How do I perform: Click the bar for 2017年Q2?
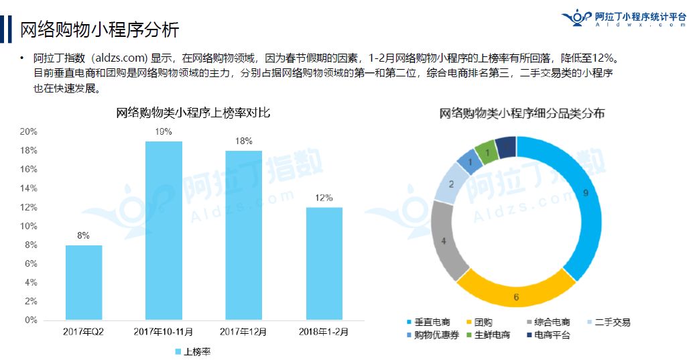[84, 282]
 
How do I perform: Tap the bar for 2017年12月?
[243, 235]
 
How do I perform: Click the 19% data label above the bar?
[164, 131]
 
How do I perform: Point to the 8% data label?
[84, 235]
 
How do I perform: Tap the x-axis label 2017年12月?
[243, 331]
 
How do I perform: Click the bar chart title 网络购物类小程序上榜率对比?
[193, 113]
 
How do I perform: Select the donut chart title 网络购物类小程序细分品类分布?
[522, 113]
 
